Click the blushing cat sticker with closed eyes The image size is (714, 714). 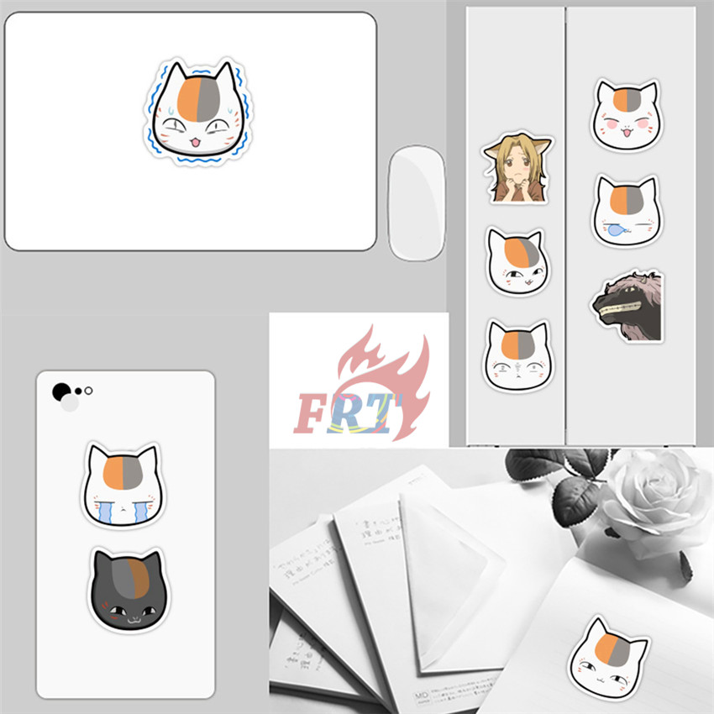(x=625, y=114)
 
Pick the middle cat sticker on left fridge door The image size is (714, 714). (x=516, y=261)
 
